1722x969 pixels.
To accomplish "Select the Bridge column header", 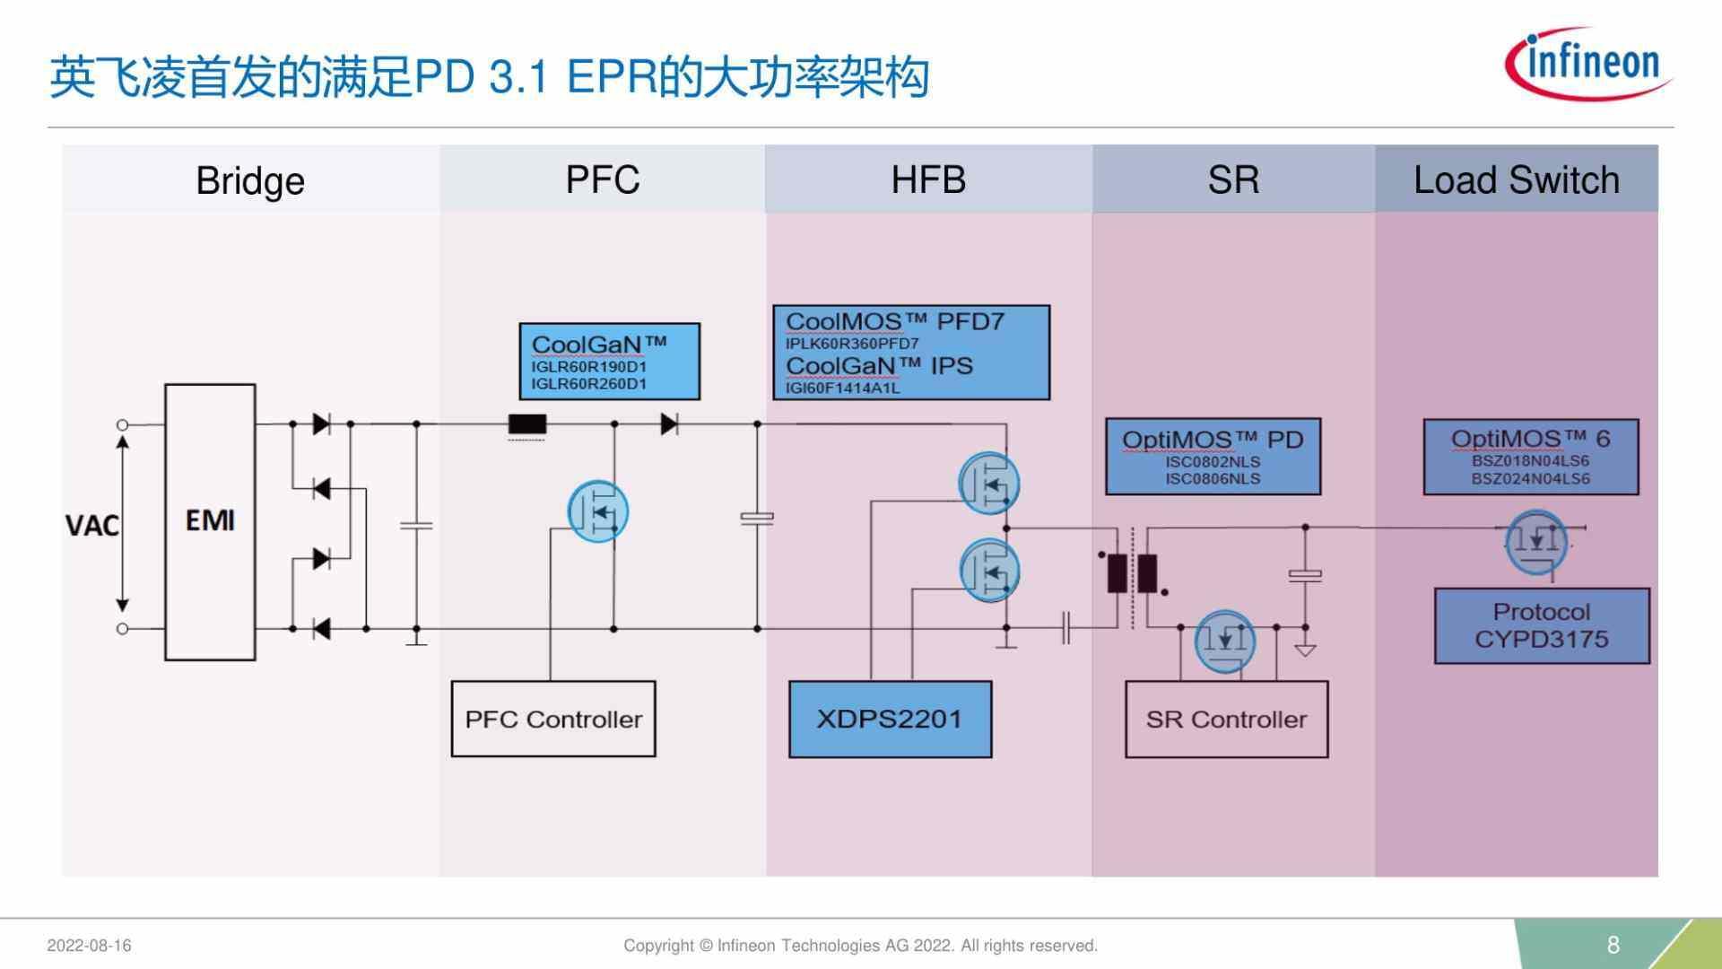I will pyautogui.click(x=250, y=180).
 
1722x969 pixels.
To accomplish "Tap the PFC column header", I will pyautogui.click(x=602, y=179).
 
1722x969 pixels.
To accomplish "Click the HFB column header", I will pyautogui.click(x=928, y=179).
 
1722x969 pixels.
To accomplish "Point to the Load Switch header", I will pyautogui.click(x=1516, y=180).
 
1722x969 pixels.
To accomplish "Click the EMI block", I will pyautogui.click(x=210, y=521).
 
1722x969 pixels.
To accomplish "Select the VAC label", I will pyautogui.click(x=91, y=526).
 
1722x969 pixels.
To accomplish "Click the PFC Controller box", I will pyautogui.click(x=553, y=719).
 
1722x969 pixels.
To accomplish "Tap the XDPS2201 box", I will pyautogui.click(x=890, y=719).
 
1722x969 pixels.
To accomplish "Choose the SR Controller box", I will pyautogui.click(x=1226, y=719).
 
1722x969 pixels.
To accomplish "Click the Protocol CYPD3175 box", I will pyautogui.click(x=1541, y=625).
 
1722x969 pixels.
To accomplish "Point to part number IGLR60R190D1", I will pyautogui.click(x=588, y=367).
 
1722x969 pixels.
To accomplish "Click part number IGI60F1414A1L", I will pyautogui.click(x=842, y=388).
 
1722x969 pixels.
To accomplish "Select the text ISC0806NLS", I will pyautogui.click(x=1213, y=479).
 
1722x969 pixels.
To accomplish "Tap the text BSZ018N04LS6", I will pyautogui.click(x=1530, y=461).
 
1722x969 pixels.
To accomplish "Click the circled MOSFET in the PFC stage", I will pyautogui.click(x=598, y=511).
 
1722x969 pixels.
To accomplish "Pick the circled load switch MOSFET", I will pyautogui.click(x=1536, y=541).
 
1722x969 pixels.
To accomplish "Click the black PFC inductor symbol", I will pyautogui.click(x=527, y=424).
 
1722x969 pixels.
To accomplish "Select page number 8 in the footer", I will pyautogui.click(x=1613, y=945).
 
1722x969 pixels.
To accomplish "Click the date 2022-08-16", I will pyautogui.click(x=89, y=946).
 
